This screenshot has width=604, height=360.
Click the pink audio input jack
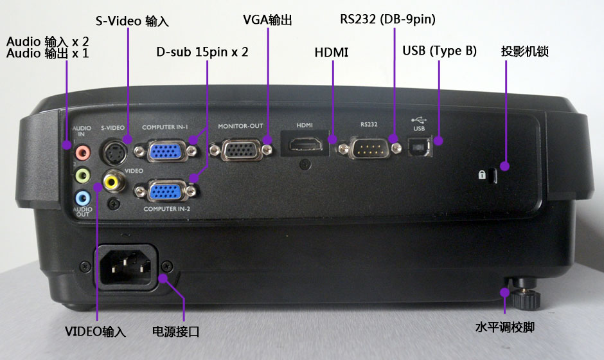82,152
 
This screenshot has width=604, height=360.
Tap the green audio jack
82,175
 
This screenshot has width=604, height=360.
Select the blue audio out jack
83,198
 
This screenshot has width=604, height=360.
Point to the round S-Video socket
114,152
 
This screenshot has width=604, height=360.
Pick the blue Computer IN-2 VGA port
166,191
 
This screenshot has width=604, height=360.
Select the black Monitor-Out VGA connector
241,150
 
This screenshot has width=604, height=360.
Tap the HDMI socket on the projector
306,144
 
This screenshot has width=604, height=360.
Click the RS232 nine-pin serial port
369,148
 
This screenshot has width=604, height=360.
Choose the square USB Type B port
419,147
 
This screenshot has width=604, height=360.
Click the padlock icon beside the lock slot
481,175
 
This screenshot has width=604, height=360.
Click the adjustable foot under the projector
525,294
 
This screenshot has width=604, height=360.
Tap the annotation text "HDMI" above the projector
332,53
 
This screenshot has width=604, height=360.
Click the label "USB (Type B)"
440,51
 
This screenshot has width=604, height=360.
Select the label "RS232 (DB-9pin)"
387,19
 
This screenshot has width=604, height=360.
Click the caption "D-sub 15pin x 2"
202,51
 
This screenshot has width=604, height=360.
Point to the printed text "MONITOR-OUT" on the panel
240,126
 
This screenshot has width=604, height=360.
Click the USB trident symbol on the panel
419,120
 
